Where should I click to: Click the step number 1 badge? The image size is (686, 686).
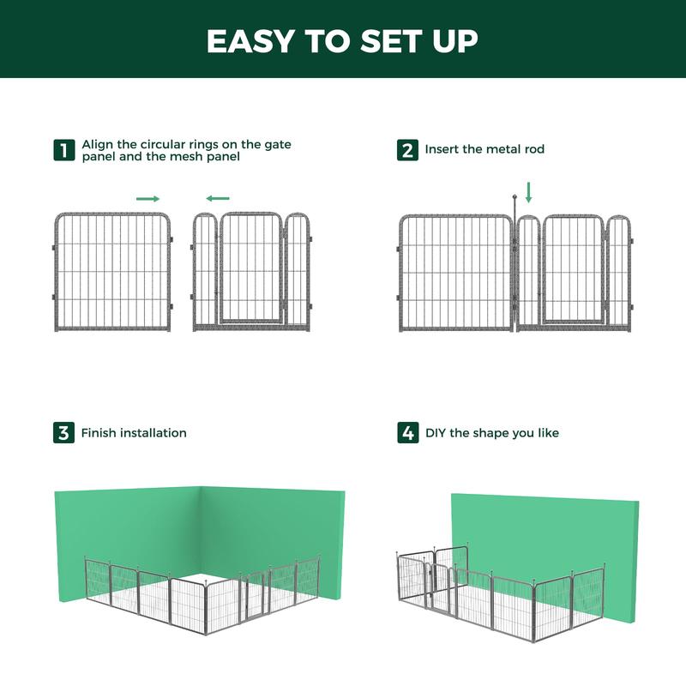(x=63, y=150)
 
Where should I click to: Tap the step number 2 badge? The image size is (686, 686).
(x=408, y=150)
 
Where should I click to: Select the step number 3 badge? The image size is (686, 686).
(x=63, y=433)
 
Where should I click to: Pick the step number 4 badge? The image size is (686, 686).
(x=408, y=433)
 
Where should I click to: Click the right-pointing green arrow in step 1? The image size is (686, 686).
(x=148, y=198)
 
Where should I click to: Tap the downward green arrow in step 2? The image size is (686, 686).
(x=528, y=191)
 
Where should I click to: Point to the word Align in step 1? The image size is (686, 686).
(x=98, y=144)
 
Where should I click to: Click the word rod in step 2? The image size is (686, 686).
(x=533, y=149)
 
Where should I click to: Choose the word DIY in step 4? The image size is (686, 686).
(x=436, y=433)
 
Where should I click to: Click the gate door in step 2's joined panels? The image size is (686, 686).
(x=573, y=270)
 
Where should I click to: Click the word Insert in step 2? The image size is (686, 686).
(x=442, y=149)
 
